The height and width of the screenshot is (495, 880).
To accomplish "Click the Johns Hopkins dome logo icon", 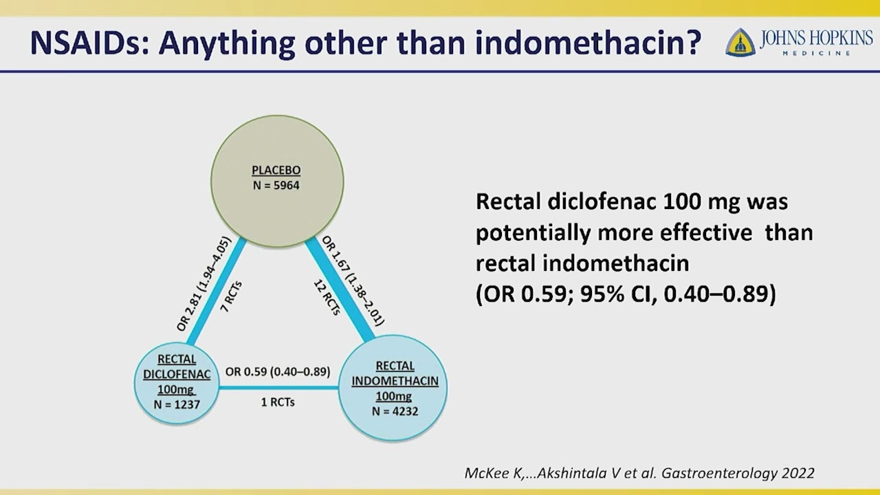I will point(740,43).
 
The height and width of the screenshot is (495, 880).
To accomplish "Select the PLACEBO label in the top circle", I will point(276,170).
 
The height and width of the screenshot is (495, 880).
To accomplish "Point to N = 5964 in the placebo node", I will point(276,185).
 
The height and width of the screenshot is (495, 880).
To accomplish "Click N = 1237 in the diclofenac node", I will point(177,404).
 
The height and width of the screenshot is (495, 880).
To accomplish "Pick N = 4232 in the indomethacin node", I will point(395,411).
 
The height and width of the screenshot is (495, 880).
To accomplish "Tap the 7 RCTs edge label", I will point(231,297).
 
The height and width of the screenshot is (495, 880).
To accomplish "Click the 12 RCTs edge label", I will point(327,297).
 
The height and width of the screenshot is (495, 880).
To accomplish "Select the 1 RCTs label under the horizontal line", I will point(278,401).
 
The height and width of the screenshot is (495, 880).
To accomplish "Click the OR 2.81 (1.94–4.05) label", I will point(203,283).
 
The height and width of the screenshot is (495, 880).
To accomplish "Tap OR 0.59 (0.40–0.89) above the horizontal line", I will point(278,372).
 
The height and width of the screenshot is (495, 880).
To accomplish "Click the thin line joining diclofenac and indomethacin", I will point(278,388).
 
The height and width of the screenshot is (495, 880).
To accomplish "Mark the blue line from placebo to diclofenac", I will point(217,290).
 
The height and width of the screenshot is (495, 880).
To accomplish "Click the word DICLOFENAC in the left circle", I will point(177,374).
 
